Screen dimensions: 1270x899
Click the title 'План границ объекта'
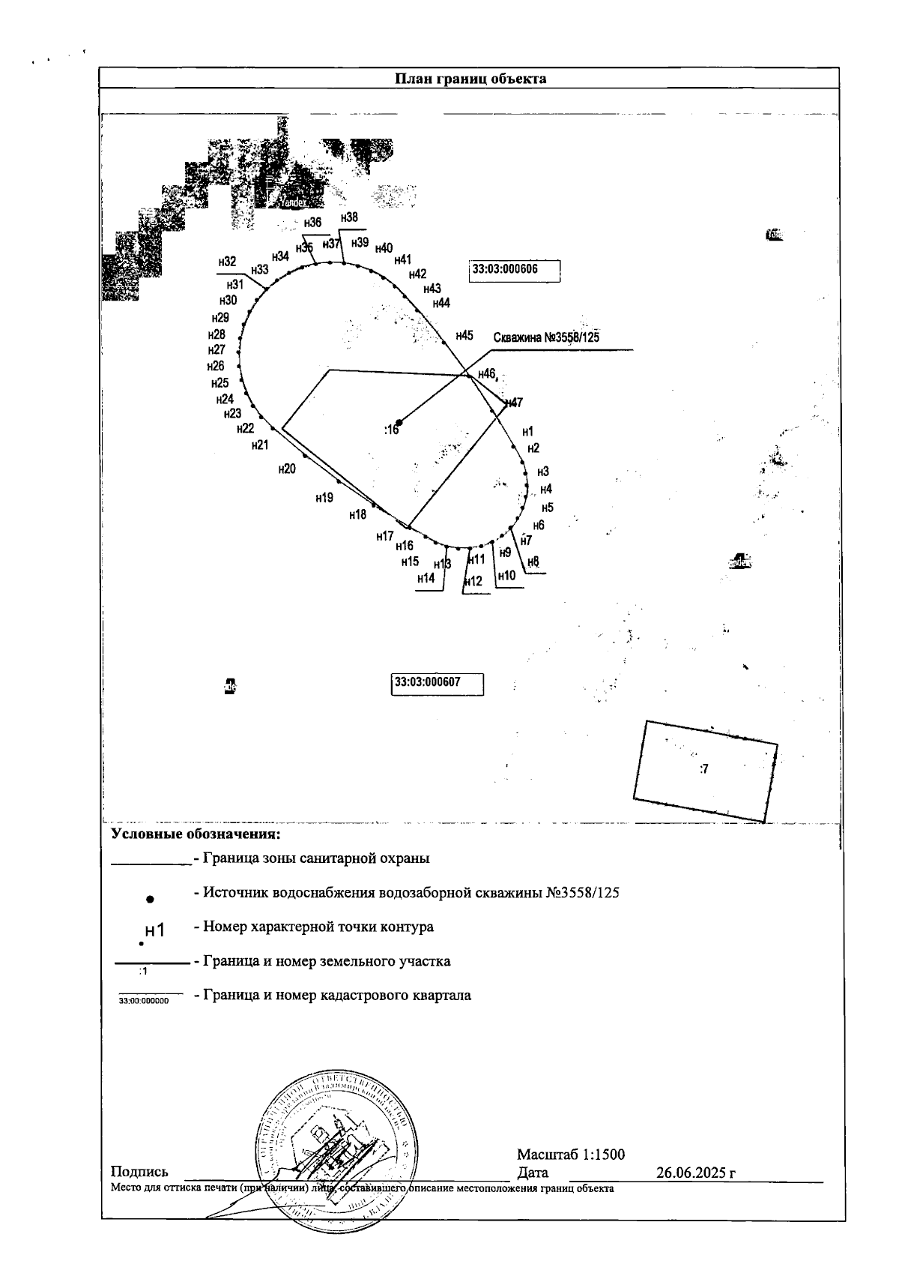point(470,79)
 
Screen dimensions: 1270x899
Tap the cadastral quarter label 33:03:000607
point(438,683)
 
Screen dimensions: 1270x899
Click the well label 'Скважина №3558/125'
point(546,337)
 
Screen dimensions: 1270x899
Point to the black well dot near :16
point(399,422)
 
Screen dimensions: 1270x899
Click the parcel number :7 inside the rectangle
point(703,768)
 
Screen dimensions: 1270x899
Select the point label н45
point(464,335)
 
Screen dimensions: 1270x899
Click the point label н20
point(287,469)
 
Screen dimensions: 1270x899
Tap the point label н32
point(227,262)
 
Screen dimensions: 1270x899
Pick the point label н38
point(349,217)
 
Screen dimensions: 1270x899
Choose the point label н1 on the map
point(527,431)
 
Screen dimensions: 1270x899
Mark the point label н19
point(324,497)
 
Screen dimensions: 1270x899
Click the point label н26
point(216,367)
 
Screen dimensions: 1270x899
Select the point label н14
point(426,578)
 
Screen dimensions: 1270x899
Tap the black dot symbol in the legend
point(150,898)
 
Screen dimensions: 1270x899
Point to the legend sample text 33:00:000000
point(150,1000)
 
